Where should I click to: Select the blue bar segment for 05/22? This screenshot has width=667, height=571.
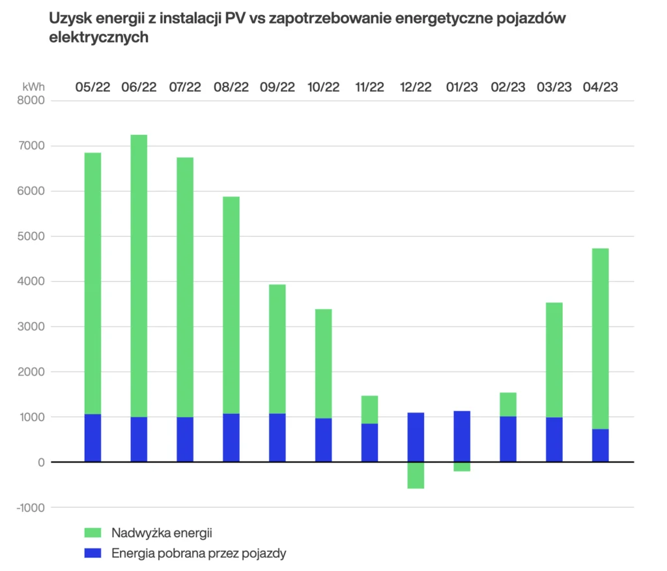[x=92, y=438]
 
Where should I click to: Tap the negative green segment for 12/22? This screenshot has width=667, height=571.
[x=416, y=475]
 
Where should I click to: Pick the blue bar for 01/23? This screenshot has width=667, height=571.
[x=462, y=437]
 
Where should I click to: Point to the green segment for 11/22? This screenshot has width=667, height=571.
[x=369, y=409]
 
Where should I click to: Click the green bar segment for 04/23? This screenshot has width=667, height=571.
[x=600, y=339]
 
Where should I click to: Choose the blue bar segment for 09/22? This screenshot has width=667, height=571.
[x=277, y=438]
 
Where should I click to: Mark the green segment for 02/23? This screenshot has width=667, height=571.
[x=508, y=404]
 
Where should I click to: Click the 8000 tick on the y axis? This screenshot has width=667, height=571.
[x=31, y=101]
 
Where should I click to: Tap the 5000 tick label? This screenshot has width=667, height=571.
[x=31, y=237]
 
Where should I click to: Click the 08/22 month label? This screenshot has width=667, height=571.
[x=231, y=87]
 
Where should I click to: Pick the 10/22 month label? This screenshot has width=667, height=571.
[x=324, y=87]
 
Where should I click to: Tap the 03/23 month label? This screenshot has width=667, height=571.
[x=554, y=87]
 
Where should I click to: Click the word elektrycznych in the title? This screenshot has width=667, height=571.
[x=99, y=38]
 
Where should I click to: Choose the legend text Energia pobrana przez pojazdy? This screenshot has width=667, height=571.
[x=199, y=553]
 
